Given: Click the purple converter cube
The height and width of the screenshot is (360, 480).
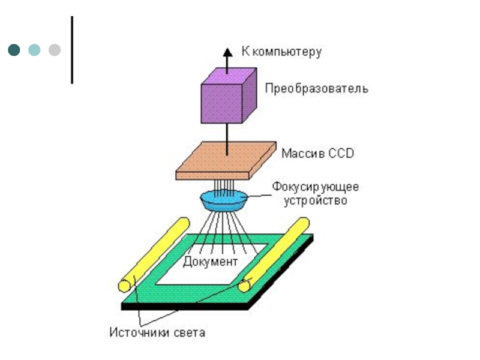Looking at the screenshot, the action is coord(229,95).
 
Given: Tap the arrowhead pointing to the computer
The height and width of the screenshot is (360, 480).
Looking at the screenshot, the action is coord(227,52).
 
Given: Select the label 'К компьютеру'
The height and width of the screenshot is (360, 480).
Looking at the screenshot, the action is coord(281,52).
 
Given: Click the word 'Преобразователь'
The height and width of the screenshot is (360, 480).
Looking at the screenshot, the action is coord(317,88).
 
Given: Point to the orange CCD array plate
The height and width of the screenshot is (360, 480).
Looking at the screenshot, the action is coord(226,160).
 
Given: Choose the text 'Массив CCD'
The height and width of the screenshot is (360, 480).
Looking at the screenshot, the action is coord(318,153).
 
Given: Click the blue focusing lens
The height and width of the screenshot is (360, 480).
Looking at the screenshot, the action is coord(224,200).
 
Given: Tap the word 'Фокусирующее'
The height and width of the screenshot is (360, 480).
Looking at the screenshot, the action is coord(316,187).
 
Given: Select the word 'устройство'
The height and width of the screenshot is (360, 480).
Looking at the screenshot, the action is coord(316,201).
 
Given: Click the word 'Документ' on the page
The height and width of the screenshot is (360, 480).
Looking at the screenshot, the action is coord(211,262).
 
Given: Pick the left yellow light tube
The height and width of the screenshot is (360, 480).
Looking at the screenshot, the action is coord(154,254).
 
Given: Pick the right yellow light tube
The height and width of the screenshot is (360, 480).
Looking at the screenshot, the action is coord(274,254).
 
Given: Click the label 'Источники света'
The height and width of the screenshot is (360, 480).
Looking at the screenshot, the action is coord(157,332).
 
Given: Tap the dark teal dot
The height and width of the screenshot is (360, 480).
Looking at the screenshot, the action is coord(14,50).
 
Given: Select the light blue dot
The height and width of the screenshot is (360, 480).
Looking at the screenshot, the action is coord(34,50).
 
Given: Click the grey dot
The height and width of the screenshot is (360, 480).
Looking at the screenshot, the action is coord(55,50).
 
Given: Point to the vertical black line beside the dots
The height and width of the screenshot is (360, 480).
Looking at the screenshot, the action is coord(72,50).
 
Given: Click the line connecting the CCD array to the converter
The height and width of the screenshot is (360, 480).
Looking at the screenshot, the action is coord(227,139).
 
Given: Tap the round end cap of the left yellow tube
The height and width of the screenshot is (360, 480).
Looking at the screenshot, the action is coord(125,286).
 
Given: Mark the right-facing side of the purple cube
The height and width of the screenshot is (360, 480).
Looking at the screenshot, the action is coord(250,95).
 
